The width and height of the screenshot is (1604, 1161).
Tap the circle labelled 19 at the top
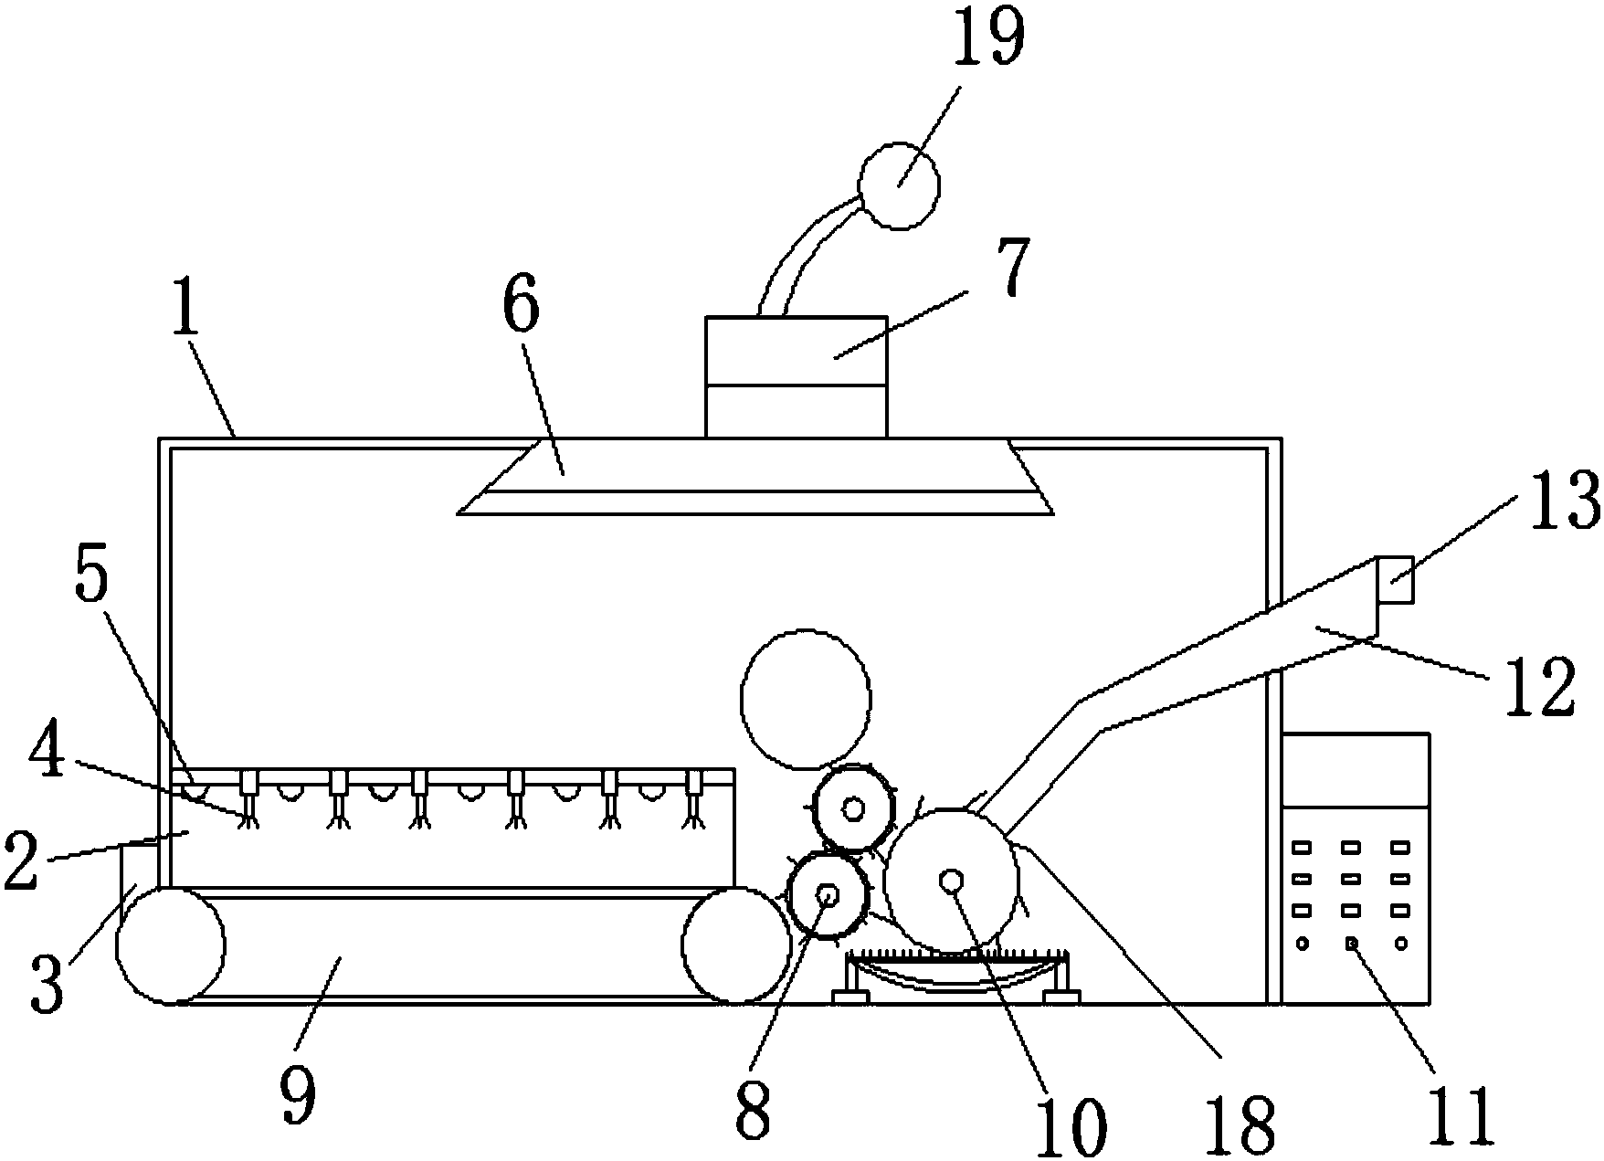pyautogui.click(x=900, y=185)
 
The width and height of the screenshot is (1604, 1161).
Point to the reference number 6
pyautogui.click(x=521, y=308)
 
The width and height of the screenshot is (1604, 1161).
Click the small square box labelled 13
pyautogui.click(x=1394, y=579)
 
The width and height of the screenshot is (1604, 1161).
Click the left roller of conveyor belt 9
pyautogui.click(x=171, y=945)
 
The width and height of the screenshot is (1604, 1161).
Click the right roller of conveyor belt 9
pyautogui.click(x=736, y=945)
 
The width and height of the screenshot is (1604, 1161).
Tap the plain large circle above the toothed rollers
pyautogui.click(x=806, y=699)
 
